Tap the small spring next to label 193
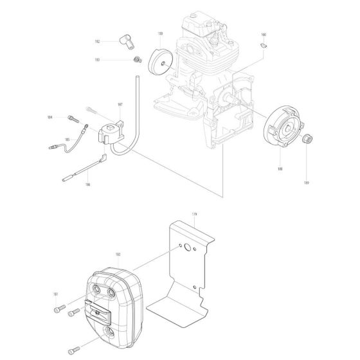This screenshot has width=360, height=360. pyautogui.click(x=136, y=60)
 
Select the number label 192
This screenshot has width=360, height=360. pyautogui.click(x=97, y=41)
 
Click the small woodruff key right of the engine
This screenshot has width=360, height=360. pyautogui.click(x=264, y=45)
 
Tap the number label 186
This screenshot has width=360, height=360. pyautogui.click(x=87, y=184)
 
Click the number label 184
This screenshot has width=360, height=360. pyautogui.click(x=50, y=118)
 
